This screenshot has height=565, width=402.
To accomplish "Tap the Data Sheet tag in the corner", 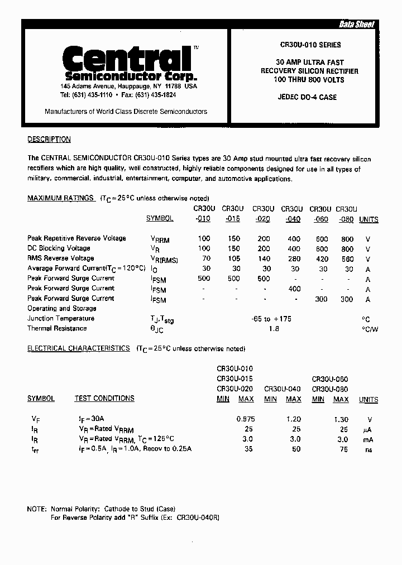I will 357,25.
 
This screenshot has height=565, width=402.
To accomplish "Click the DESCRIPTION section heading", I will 49,140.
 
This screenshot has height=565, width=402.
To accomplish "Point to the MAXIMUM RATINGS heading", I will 60,198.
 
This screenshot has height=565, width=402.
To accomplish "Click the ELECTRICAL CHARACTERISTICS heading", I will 78,348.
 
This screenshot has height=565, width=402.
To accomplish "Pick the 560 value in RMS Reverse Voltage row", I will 347,258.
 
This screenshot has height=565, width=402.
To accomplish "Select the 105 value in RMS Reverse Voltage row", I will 233,258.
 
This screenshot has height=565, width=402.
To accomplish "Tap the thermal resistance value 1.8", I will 274,329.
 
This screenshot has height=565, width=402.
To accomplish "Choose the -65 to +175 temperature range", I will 272,319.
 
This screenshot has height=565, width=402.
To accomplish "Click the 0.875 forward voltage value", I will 245,419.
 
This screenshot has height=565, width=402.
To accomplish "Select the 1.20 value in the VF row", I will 293,419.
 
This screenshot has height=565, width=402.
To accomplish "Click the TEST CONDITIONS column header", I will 104,399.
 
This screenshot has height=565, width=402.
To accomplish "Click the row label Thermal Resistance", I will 57,329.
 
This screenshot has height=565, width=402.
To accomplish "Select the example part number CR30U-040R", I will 198,518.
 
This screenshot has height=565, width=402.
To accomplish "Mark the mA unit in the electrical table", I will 368,439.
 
